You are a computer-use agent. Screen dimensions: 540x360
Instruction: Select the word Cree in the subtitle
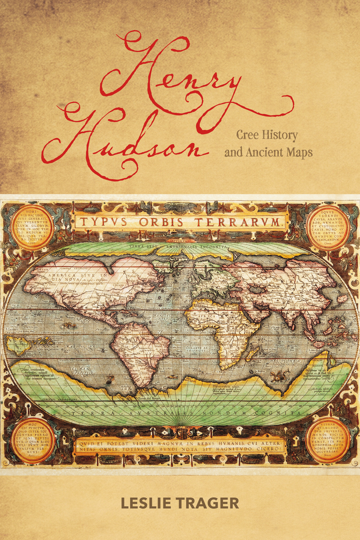pyautogui.click(x=247, y=136)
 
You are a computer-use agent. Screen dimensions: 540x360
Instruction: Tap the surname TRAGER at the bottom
pyautogui.click(x=209, y=504)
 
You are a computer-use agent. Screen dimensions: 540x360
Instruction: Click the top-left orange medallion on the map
pyautogui.click(x=32, y=227)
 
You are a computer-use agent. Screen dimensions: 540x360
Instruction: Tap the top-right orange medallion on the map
pyautogui.click(x=328, y=227)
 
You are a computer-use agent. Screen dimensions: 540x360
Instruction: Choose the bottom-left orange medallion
pyautogui.click(x=33, y=440)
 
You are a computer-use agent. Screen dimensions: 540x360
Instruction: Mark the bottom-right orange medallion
pyautogui.click(x=328, y=440)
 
